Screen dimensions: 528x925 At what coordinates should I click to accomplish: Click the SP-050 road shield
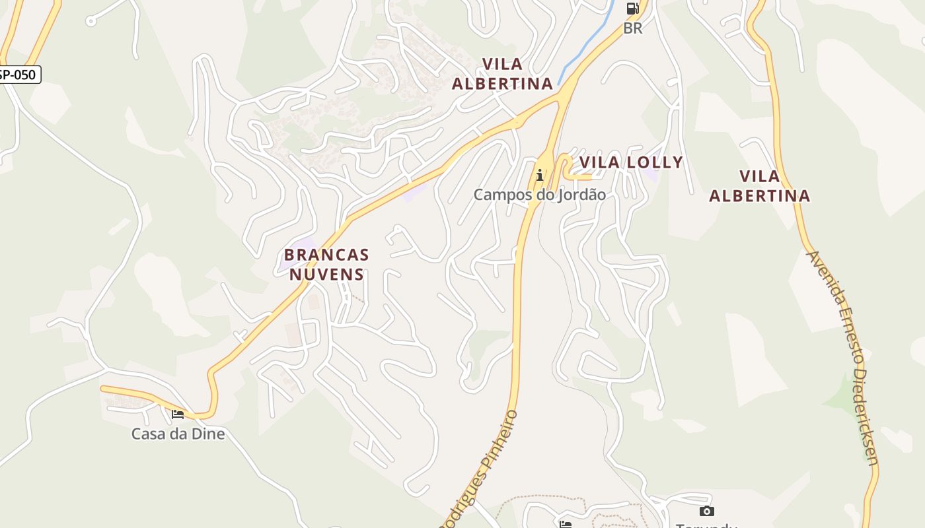pos(18,75)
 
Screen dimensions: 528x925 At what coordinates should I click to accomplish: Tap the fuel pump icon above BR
pos(632,9)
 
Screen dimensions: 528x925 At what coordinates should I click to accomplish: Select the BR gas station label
pos(632,28)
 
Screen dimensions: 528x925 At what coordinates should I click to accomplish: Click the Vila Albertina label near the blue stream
pos(502,73)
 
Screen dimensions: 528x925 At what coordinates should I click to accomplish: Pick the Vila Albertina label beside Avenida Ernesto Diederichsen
pos(760,185)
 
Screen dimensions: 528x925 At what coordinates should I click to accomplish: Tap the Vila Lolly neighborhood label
pos(630,162)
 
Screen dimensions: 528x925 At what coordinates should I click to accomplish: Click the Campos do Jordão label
pos(539,195)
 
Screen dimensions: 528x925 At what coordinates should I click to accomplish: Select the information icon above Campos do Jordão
pos(540,175)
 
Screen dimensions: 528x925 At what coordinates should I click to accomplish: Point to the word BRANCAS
pos(326,254)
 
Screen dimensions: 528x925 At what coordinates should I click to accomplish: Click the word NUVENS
pos(326,274)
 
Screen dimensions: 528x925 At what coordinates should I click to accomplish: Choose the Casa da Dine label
pos(178,434)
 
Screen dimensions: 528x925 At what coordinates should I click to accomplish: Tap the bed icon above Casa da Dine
pos(177,414)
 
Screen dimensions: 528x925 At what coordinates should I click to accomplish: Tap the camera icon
pos(706,511)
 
